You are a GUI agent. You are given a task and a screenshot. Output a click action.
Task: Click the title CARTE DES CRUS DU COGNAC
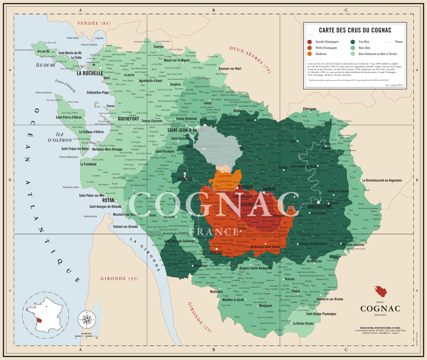[x=355, y=30]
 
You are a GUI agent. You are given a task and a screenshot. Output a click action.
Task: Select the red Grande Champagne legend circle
[x=309, y=42]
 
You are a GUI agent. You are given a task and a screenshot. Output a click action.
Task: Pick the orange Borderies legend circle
[x=309, y=54]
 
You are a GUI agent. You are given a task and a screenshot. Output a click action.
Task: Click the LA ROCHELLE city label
[x=90, y=74]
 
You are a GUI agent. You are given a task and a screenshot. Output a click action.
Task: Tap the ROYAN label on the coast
[x=108, y=200]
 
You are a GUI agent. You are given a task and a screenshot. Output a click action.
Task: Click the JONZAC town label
[x=216, y=253]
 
